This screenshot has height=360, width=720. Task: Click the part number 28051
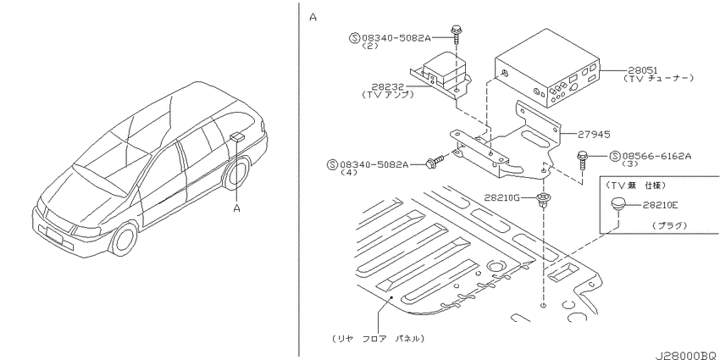pyautogui.click(x=642, y=70)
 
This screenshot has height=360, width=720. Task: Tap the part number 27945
pyautogui.click(x=594, y=135)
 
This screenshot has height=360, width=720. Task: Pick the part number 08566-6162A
pyautogui.click(x=656, y=156)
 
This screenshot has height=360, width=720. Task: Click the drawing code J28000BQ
pyautogui.click(x=687, y=356)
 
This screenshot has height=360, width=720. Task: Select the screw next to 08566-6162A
pyautogui.click(x=582, y=161)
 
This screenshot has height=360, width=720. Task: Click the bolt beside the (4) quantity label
pyautogui.click(x=435, y=162)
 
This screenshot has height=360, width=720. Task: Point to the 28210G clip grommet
pyautogui.click(x=544, y=200)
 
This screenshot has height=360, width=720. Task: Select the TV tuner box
pyautogui.click(x=547, y=69)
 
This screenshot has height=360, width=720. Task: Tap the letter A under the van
pyautogui.click(x=237, y=209)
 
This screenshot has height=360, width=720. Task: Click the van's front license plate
pyautogui.click(x=53, y=234)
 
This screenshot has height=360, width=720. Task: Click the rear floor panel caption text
pyautogui.click(x=378, y=339)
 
